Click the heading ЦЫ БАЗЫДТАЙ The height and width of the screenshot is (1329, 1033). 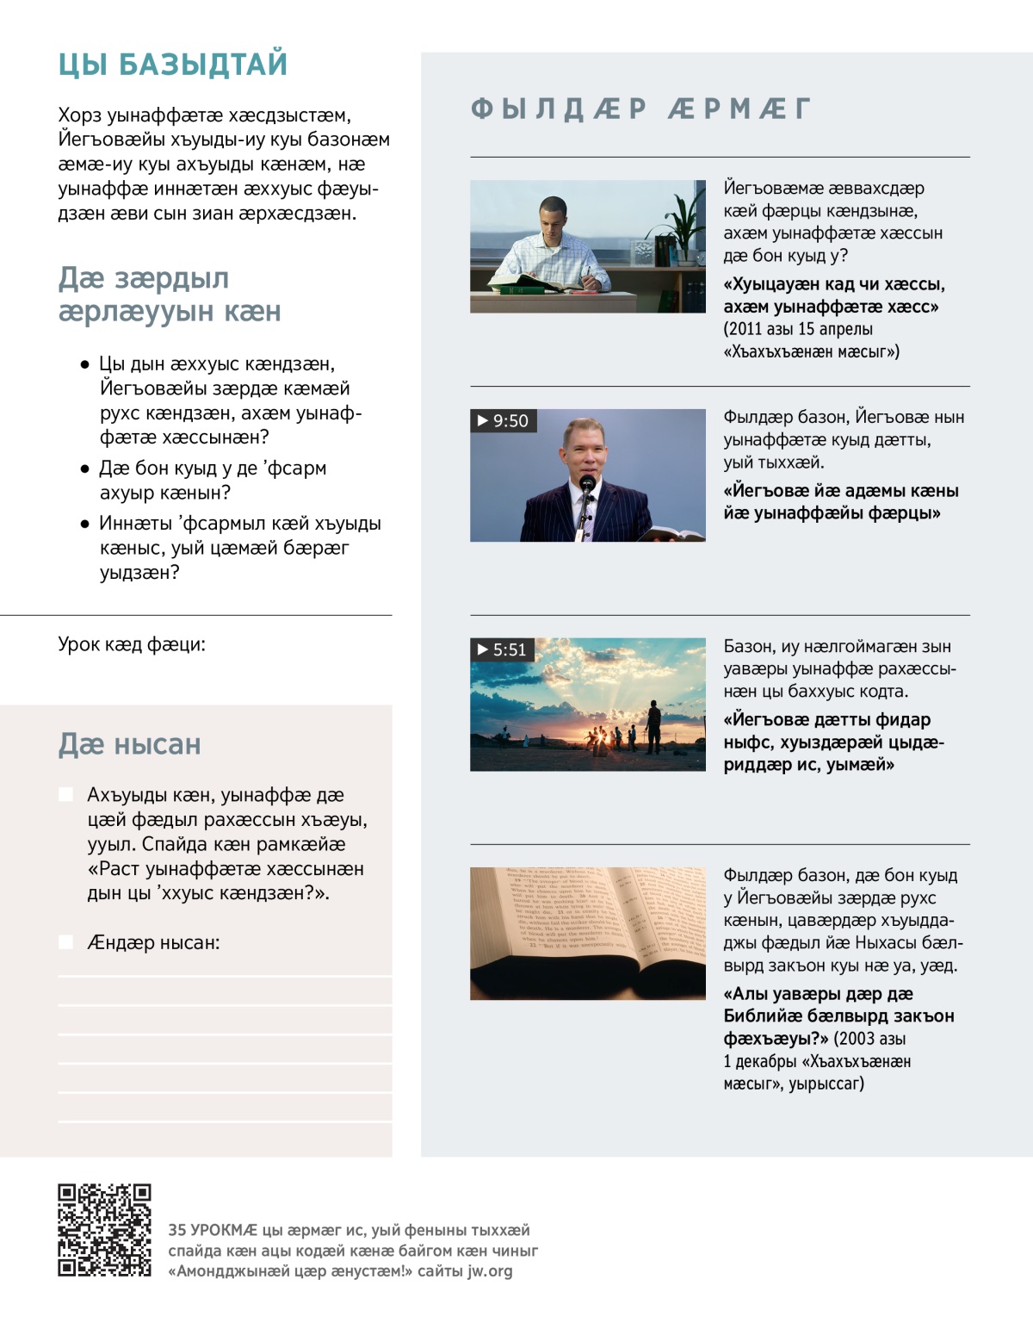click(173, 65)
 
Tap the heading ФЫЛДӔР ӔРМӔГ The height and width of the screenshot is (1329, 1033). click(641, 109)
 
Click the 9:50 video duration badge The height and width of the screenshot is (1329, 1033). click(504, 420)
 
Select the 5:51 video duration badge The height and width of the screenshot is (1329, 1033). click(503, 649)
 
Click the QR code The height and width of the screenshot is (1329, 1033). click(104, 1229)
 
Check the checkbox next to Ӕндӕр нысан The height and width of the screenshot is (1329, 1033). click(65, 942)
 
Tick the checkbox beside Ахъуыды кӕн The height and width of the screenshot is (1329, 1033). click(65, 794)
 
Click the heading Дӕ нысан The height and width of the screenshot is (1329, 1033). click(129, 744)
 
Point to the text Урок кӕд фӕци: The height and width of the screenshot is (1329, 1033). click(132, 644)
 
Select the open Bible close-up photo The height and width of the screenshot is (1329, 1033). click(587, 933)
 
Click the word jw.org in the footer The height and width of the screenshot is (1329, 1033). click(490, 1270)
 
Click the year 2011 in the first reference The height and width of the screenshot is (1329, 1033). click(745, 329)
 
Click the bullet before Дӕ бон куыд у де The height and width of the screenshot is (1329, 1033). click(84, 469)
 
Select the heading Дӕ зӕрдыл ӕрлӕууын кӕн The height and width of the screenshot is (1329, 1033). click(169, 294)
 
